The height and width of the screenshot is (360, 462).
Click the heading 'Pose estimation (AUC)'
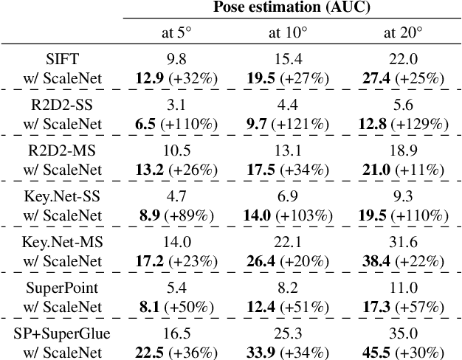click(x=292, y=8)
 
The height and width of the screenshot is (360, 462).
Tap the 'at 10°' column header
click(x=286, y=32)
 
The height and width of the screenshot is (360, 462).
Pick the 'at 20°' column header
click(x=403, y=32)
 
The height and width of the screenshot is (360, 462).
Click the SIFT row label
click(x=61, y=58)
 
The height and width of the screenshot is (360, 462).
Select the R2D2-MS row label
click(x=61, y=150)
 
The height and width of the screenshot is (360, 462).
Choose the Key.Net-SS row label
click(x=61, y=196)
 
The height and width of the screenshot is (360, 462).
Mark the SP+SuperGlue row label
click(x=61, y=334)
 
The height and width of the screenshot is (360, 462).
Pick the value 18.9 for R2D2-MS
click(x=403, y=150)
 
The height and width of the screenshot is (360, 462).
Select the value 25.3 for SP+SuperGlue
click(x=286, y=334)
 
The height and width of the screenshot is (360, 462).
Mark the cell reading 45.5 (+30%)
click(x=403, y=352)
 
